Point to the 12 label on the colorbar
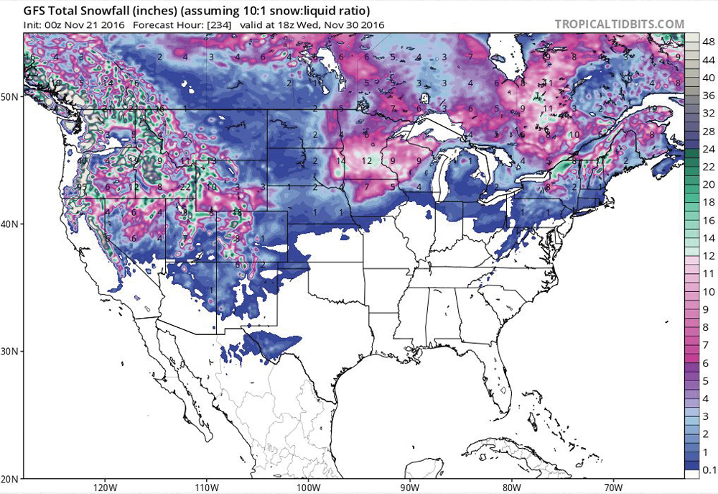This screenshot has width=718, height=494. click(707, 255)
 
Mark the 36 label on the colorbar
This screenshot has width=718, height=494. click(707, 95)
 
